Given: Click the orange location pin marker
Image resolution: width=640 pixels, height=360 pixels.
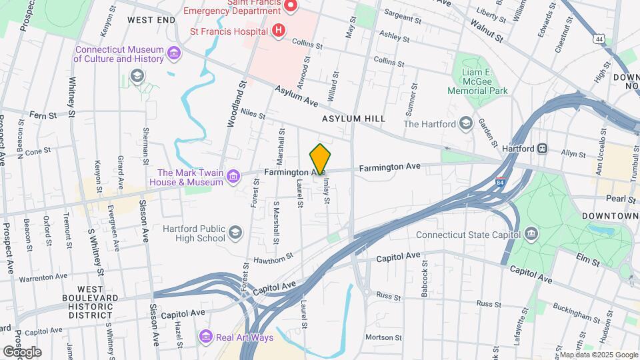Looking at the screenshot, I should click(320, 159).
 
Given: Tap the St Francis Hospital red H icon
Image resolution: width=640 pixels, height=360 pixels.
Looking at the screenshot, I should click(279, 31).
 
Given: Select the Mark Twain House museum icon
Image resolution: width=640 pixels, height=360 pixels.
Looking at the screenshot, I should click(233, 176).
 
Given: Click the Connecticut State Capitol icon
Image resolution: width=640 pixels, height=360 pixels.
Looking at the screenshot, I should click(531, 233).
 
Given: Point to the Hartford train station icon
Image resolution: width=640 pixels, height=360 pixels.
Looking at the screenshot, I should click(543, 149).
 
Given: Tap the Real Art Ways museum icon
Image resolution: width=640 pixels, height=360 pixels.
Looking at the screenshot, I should click(205, 337).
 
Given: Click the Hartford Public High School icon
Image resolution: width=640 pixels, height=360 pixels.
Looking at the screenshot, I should click(235, 232).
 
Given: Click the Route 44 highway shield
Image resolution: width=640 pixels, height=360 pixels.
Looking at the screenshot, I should click(601, 40).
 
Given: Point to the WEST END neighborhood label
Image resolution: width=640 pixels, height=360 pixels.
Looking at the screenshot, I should click(151, 21).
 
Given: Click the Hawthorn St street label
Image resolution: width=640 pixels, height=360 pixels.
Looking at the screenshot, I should click(273, 257).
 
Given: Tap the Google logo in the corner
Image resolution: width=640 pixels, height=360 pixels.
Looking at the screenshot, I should click(21, 351).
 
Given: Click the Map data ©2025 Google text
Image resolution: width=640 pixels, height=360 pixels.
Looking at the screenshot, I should click(599, 355).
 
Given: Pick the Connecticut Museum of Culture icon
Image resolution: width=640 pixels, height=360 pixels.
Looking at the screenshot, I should click(173, 53).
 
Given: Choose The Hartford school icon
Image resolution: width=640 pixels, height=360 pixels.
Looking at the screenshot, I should click(466, 123).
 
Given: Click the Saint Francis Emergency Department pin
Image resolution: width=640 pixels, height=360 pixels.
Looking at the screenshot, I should click(290, 7).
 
